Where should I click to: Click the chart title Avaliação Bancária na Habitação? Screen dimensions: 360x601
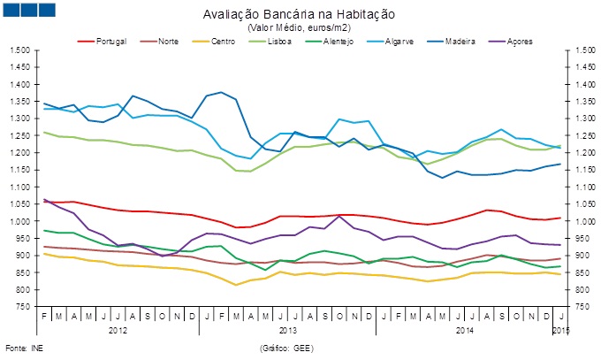tap(299, 15)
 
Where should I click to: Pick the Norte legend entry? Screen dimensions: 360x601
tap(169, 42)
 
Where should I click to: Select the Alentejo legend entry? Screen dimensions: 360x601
tap(339, 42)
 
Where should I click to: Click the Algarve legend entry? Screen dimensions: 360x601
tap(400, 42)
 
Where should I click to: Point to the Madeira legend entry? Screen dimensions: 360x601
tap(462, 42)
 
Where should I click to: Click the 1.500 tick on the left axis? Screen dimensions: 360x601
tap(19, 50)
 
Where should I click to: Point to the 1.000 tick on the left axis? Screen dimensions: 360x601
tap(19, 221)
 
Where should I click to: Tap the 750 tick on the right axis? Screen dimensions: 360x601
tap(578, 307)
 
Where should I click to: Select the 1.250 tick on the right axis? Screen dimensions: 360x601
tap(582, 136)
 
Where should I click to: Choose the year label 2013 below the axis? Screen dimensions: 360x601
tap(288, 330)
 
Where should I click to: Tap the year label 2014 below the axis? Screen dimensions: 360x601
tap(464, 330)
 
